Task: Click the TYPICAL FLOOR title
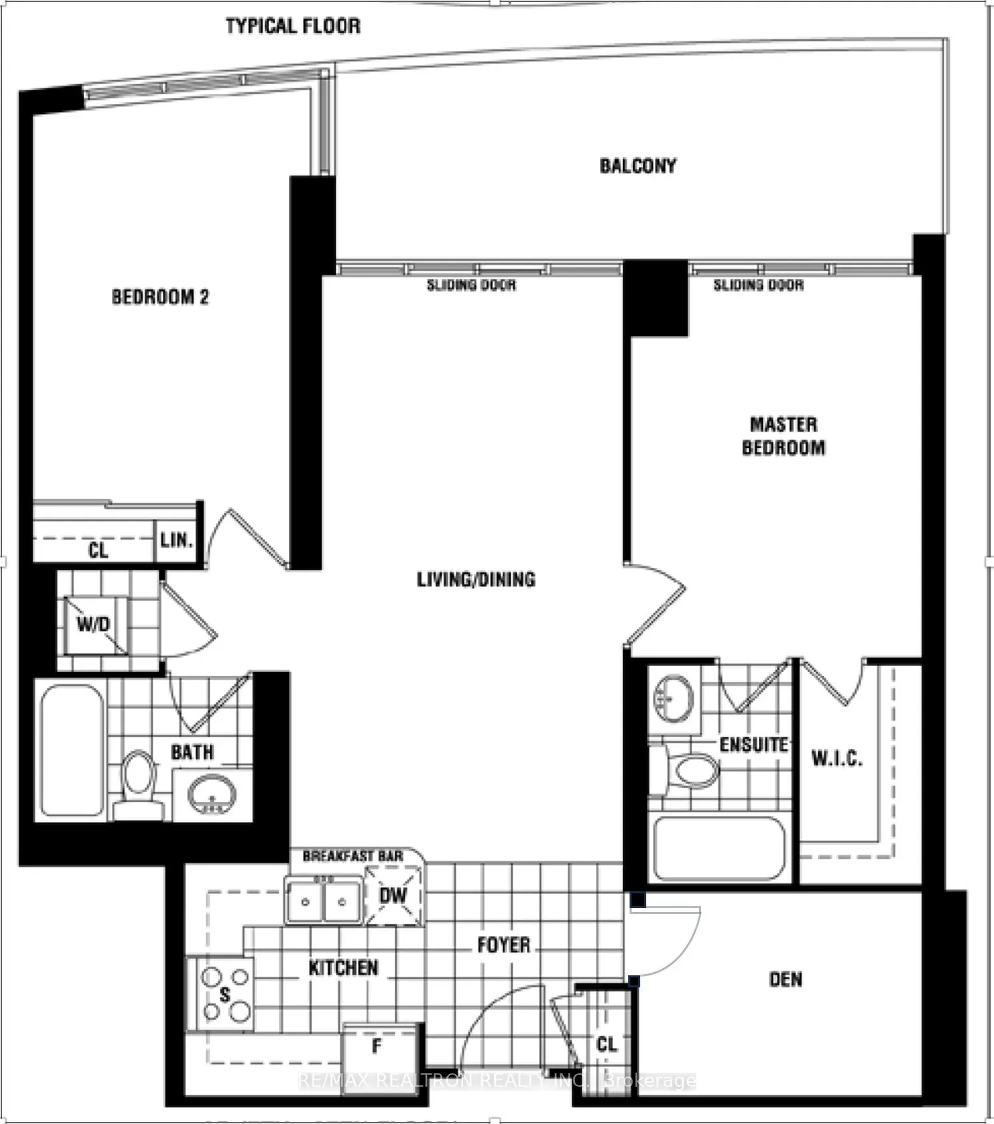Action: pos(293,26)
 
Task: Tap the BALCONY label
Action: pos(638,166)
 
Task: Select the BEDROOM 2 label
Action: pos(160,297)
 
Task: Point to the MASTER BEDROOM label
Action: pos(783,436)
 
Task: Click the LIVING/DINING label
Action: pos(476,579)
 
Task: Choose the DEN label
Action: pos(785,979)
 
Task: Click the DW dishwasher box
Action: pos(393,895)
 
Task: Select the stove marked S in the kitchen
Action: pos(225,995)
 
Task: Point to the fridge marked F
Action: pos(378,1046)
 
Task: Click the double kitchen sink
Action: pos(324,901)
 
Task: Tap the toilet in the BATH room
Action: pos(139,780)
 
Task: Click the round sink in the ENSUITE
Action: pos(673,698)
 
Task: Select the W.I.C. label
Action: pos(837,758)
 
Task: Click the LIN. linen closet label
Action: pos(177,539)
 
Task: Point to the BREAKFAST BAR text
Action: pos(352,856)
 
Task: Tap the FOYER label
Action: pos(504,945)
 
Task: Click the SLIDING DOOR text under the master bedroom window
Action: pos(758,285)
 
